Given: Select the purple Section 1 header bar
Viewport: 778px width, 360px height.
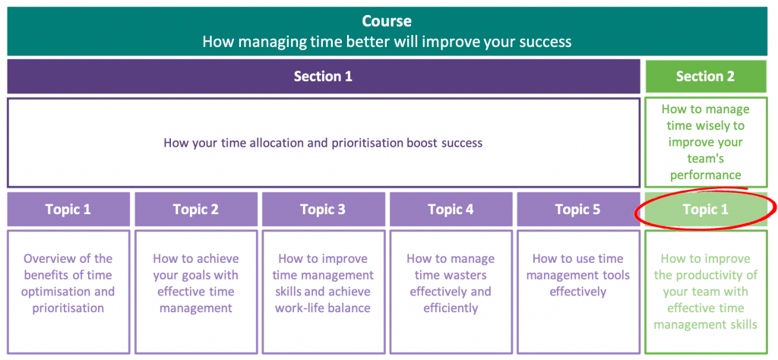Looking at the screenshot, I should (323, 76).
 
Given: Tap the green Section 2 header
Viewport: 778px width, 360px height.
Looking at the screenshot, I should (705, 76).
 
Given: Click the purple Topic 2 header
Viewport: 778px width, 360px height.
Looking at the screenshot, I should (195, 209).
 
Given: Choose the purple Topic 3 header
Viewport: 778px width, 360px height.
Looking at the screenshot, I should (323, 209).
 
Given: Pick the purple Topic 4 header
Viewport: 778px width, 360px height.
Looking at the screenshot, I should (451, 209).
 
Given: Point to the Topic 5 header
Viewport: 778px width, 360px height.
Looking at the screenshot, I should (577, 209).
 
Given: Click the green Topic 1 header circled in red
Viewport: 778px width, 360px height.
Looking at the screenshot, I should (705, 209).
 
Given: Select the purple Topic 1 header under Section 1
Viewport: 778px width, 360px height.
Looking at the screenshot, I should (68, 209).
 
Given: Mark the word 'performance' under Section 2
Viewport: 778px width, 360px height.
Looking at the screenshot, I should (705, 175).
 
